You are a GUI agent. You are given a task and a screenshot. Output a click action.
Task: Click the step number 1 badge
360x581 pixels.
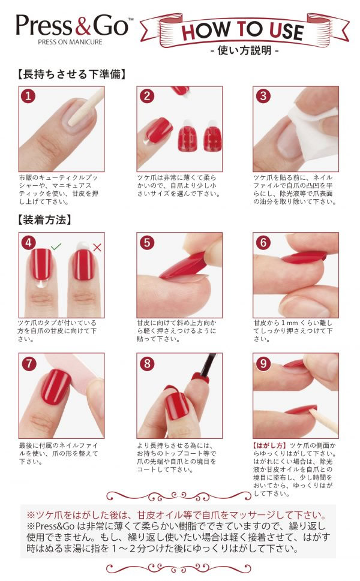[x=28, y=96]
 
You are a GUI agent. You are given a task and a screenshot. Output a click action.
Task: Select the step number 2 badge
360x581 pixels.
[x=146, y=96]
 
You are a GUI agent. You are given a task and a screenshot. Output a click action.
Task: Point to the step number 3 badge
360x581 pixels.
[x=263, y=96]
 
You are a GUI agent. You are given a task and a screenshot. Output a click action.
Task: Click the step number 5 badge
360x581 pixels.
[x=146, y=242]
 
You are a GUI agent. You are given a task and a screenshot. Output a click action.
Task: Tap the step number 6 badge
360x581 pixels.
[x=263, y=242]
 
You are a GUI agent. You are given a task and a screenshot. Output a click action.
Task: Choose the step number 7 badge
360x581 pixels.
[x=28, y=363]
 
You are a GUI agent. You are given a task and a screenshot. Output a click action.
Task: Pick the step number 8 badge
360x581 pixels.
[x=146, y=363]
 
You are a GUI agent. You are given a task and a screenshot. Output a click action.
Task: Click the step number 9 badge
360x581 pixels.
[x=263, y=363]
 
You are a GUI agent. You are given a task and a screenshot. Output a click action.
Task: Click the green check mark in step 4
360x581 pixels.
[x=56, y=246]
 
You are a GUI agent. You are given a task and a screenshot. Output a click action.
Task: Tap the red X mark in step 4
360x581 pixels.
[x=97, y=247]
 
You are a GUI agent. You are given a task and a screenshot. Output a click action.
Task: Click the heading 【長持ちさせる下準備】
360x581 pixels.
[x=71, y=74]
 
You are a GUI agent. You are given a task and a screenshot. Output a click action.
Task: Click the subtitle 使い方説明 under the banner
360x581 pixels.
[x=245, y=50]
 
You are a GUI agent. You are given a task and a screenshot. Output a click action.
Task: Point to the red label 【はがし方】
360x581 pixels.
[x=269, y=445]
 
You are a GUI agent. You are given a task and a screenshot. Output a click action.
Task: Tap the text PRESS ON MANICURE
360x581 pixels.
[x=70, y=42]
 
